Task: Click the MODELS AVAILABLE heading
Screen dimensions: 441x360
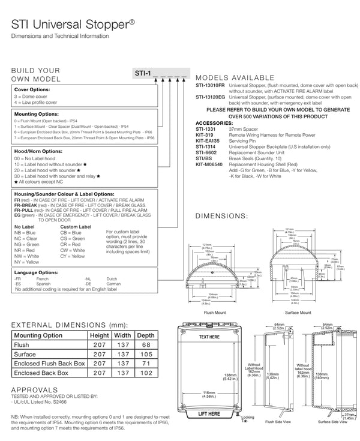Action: (235, 78)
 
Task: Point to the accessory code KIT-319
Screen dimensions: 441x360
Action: (205, 135)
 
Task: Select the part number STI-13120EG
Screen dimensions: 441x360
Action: (210, 97)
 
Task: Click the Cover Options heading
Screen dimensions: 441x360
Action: (32, 89)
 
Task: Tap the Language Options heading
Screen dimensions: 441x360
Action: (36, 272)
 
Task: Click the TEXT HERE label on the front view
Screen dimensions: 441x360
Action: (209, 337)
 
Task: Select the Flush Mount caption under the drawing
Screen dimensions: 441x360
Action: (214, 313)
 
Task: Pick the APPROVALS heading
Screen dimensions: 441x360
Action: (35, 389)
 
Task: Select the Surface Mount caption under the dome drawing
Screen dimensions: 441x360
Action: (298, 313)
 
